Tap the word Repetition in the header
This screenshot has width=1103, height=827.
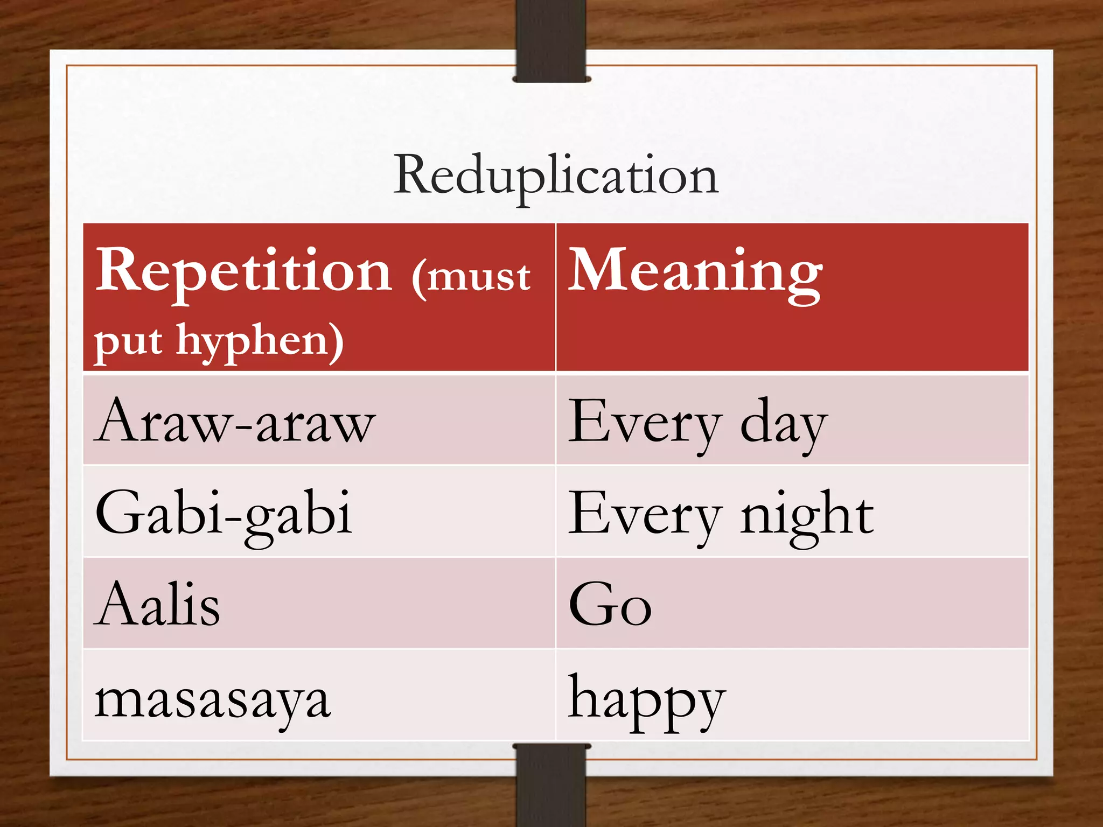click(x=243, y=271)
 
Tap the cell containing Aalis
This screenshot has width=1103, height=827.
click(x=158, y=605)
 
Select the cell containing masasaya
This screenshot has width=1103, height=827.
click(x=212, y=700)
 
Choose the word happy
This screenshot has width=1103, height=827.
click(x=646, y=700)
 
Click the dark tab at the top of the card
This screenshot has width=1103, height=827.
click(x=551, y=40)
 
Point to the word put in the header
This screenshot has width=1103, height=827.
click(x=128, y=341)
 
